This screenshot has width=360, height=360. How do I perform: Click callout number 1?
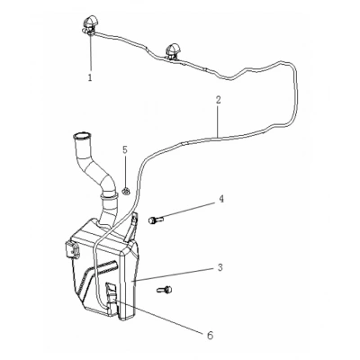coord(90,77)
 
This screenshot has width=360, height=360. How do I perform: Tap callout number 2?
coord(218,100)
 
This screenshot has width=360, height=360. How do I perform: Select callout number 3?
coord(220,267)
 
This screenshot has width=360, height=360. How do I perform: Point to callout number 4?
coord(221,199)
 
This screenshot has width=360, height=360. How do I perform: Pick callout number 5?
coord(125,149)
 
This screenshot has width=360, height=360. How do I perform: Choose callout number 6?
coord(211,335)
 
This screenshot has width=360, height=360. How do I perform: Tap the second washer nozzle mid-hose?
coord(172,51)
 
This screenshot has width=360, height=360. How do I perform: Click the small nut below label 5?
coord(126,190)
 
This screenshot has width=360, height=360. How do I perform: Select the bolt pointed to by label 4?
coord(156,220)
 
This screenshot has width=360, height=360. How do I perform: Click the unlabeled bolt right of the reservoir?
coord(165,290)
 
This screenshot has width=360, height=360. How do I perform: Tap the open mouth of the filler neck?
coord(80,138)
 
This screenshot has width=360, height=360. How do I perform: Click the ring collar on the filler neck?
coord(109,196)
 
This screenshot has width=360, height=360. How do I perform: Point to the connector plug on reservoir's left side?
coord(71,250)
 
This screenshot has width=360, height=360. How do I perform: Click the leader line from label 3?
coord(175,274)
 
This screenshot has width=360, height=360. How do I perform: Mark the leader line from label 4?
coord(188,210)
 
